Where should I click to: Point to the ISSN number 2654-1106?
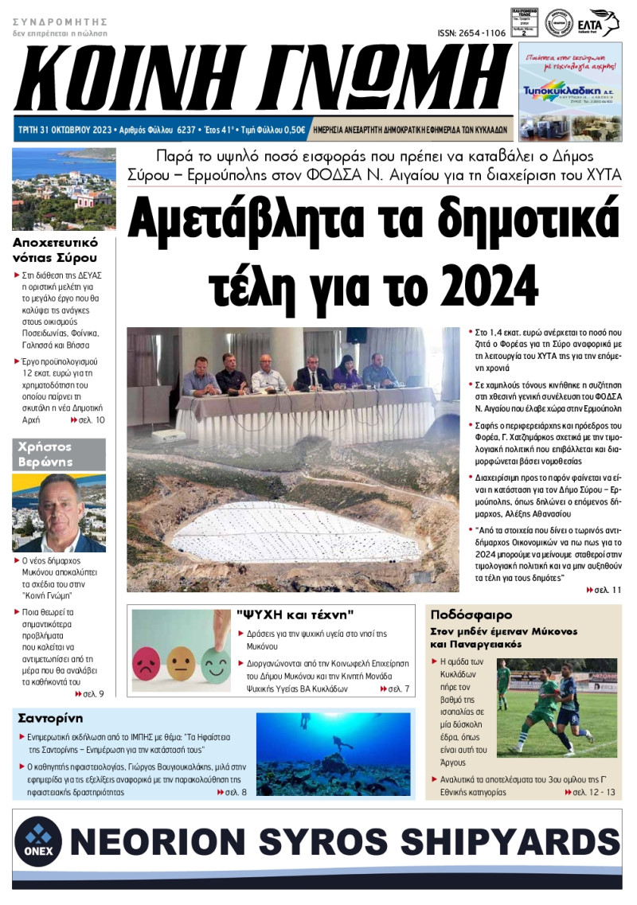click(x=471, y=33)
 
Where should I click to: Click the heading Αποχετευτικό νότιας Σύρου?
click(x=56, y=249)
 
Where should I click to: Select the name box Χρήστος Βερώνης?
click(x=59, y=454)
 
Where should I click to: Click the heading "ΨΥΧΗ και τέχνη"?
click(x=295, y=614)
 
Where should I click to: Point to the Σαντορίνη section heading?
click(x=50, y=718)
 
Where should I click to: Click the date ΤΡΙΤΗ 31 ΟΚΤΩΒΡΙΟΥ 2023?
click(x=65, y=128)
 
